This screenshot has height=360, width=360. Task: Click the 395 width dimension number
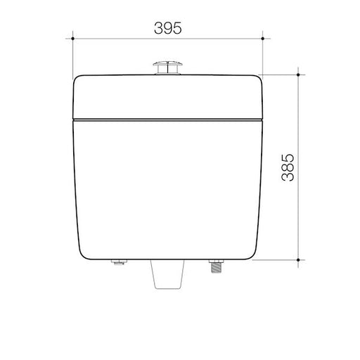tap(168, 28)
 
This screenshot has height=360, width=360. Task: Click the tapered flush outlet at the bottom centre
tap(169, 276)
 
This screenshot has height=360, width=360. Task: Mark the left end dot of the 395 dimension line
tap(74, 41)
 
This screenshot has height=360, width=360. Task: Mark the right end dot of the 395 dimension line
tap(262, 41)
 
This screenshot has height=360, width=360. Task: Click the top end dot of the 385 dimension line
tap(300, 73)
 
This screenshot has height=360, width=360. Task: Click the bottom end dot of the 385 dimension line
tap(300, 261)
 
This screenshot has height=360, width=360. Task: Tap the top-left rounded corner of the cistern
tap(79, 79)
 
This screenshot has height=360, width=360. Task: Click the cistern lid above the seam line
tap(168, 95)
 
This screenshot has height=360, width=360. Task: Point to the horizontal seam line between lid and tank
tap(168, 119)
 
